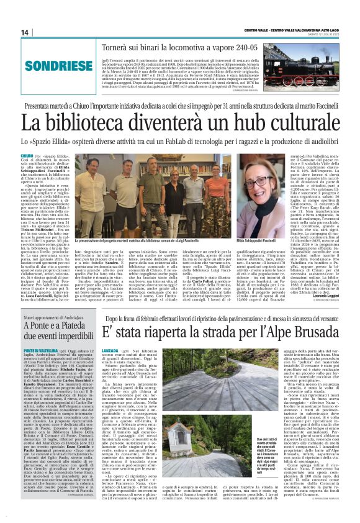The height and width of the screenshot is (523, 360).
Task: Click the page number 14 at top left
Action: coord(25,32)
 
